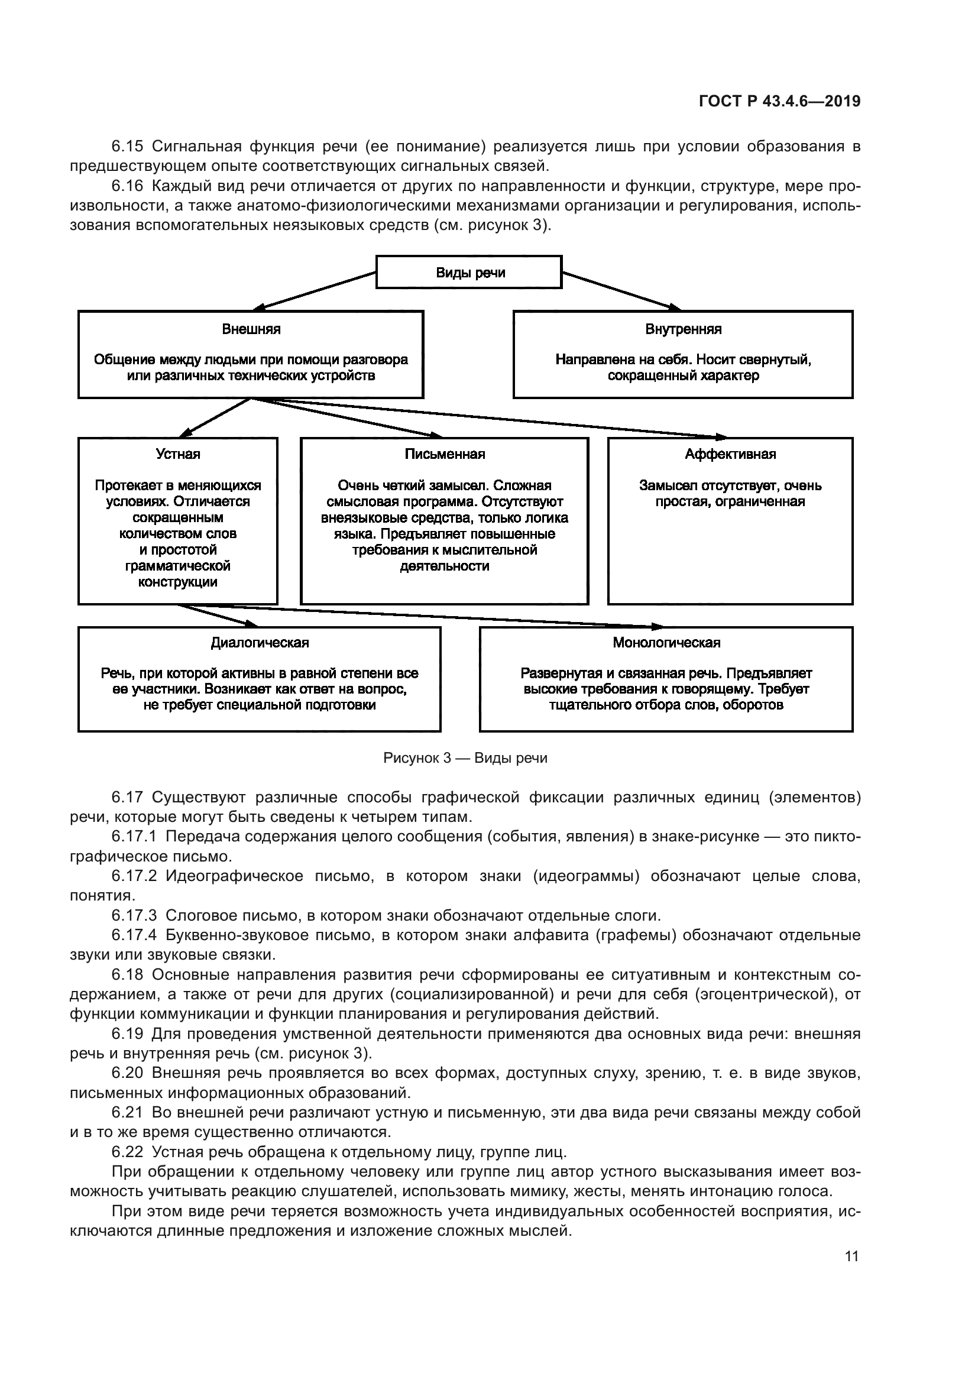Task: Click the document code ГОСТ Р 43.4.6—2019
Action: coord(779,101)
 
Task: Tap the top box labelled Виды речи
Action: coord(469,273)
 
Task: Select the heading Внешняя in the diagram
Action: coord(251,329)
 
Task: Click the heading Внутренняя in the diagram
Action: coord(683,329)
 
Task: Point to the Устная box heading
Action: coord(177,454)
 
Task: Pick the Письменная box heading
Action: coord(445,454)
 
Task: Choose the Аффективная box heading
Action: coord(730,454)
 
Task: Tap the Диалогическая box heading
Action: coord(260,643)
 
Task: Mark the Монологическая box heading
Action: coord(666,643)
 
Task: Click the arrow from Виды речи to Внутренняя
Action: coord(620,291)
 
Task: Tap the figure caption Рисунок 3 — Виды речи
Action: coord(465,758)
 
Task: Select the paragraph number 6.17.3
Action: coord(134,916)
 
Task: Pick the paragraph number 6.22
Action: coord(127,1152)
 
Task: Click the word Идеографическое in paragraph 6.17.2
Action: coord(234,876)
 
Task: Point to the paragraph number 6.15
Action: coord(127,147)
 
